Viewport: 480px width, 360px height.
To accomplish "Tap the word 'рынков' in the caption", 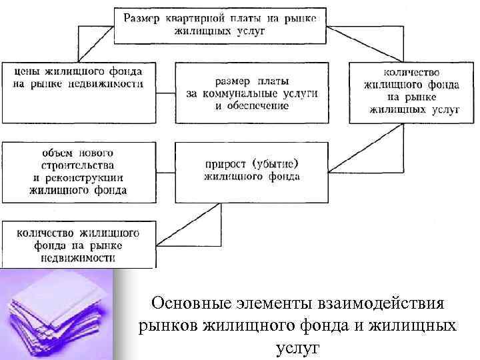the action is tap(164, 327).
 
